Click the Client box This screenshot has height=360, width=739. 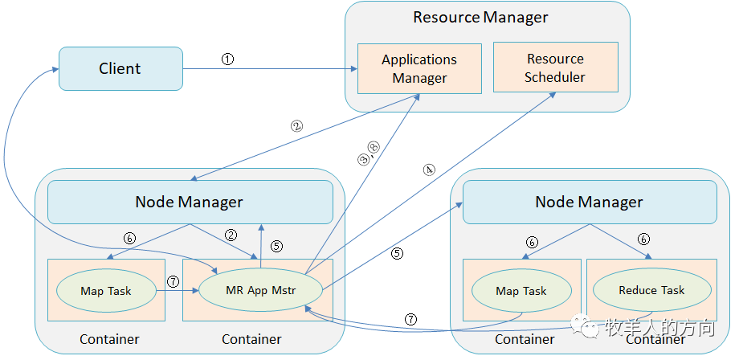(120, 68)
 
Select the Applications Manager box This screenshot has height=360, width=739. (419, 68)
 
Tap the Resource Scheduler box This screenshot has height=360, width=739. (555, 67)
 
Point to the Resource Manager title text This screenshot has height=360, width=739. (480, 18)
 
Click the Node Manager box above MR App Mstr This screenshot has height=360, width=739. (190, 202)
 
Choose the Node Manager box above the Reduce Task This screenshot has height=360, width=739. (590, 202)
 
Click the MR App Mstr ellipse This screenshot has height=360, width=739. (260, 290)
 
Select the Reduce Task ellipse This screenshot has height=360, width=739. (651, 290)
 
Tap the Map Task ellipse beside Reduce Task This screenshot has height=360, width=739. (521, 291)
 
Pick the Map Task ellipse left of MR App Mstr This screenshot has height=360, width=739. (106, 291)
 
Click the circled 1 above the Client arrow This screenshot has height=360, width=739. (227, 59)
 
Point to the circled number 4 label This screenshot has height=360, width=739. (429, 170)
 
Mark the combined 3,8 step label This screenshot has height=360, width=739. (369, 153)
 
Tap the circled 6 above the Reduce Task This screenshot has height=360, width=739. (643, 239)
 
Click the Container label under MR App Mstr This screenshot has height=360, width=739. (251, 339)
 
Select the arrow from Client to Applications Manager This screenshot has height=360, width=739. (270, 69)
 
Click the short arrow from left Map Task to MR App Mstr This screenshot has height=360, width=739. (178, 291)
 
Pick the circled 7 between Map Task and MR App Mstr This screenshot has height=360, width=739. (174, 282)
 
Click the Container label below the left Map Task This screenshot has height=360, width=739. (109, 339)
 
